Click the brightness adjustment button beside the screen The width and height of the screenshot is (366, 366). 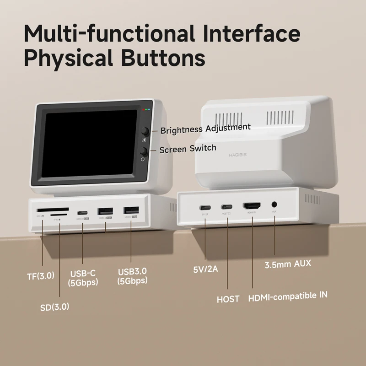145,130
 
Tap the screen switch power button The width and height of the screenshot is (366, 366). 143,151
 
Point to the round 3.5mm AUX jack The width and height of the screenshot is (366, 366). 274,205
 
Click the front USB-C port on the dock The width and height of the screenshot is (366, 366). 82,213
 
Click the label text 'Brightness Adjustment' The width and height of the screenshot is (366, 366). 205,129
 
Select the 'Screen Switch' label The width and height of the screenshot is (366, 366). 188,149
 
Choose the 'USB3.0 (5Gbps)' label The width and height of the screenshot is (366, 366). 132,276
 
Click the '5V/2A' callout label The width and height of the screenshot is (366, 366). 205,269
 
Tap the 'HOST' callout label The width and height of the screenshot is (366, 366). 228,299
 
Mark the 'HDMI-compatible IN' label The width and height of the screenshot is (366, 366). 287,296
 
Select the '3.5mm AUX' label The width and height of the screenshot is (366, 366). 288,264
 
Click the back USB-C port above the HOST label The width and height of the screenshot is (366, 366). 227,207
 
